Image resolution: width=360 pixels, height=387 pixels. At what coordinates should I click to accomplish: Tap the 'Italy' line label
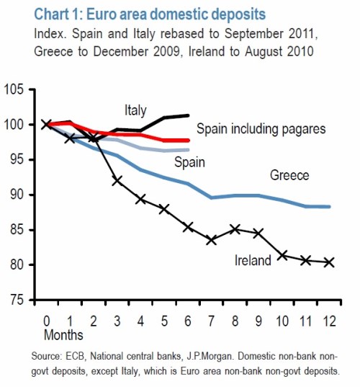134,110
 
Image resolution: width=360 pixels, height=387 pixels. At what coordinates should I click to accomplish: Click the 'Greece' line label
289,175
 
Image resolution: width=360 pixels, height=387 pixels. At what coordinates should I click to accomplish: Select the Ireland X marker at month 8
235,230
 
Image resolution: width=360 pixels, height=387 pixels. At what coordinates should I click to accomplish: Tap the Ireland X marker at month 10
282,255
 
